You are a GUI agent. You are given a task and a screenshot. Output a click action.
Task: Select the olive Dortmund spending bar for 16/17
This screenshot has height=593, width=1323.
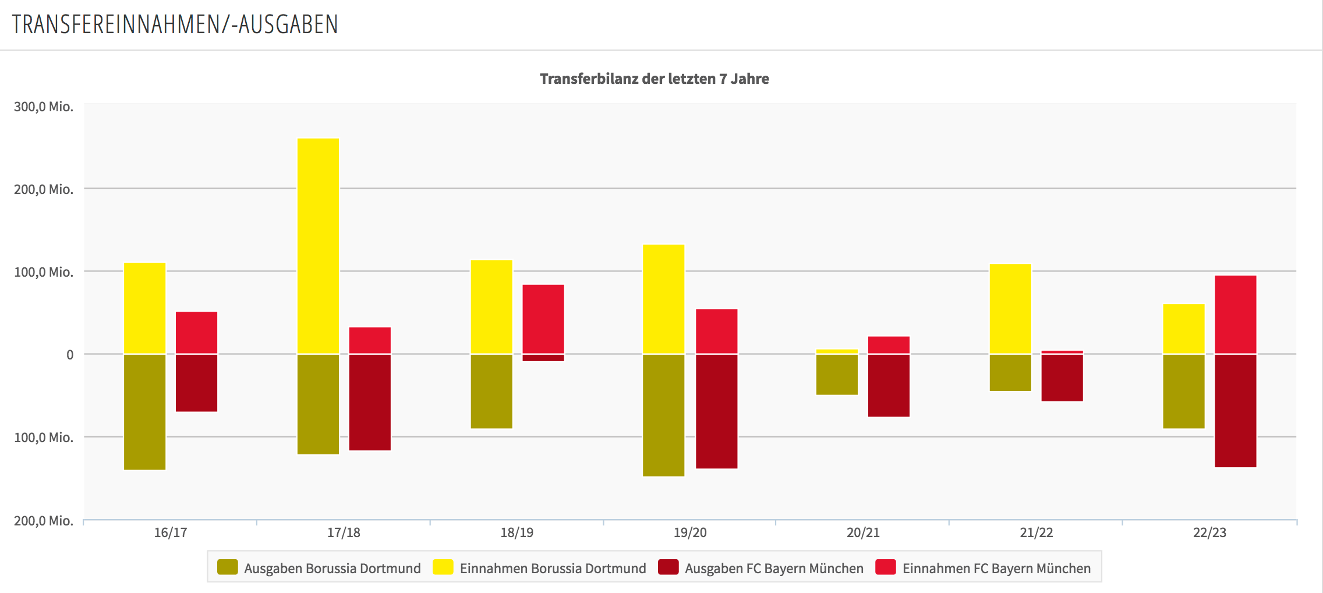tap(145, 411)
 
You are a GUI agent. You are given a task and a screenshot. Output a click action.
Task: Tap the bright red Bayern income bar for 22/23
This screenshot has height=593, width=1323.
tap(1235, 315)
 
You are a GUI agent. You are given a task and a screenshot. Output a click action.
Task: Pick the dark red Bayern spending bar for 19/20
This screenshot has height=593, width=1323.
tap(716, 411)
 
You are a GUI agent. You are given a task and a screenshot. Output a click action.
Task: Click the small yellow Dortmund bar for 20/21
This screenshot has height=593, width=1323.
tap(837, 351)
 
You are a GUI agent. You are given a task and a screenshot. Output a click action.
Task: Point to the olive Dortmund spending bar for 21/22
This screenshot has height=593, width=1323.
tap(1010, 372)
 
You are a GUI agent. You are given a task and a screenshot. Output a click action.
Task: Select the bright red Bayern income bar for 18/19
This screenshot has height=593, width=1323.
tap(543, 319)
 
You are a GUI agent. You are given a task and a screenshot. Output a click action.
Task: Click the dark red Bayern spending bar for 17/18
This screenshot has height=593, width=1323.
tap(370, 402)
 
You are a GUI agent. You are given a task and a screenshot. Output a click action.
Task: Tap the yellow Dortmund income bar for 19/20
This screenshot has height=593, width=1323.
tap(664, 299)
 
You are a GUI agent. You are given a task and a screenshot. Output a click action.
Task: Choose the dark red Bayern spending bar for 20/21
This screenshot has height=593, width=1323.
tap(889, 385)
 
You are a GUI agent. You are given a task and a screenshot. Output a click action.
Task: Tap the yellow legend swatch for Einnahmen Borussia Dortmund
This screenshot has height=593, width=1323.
tap(443, 567)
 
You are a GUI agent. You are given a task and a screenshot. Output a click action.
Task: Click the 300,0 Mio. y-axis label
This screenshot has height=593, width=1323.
tap(44, 107)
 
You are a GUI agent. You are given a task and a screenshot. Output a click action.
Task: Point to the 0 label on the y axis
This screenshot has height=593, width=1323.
tap(70, 355)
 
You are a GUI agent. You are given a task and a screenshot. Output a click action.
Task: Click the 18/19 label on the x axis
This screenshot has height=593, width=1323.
tap(517, 532)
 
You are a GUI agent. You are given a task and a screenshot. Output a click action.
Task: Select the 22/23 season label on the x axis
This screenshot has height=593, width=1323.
tap(1209, 532)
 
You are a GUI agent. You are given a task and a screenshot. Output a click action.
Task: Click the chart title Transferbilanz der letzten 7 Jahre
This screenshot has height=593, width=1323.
tap(655, 79)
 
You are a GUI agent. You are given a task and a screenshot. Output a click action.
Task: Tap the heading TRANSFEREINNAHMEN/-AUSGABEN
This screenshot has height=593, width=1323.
tap(175, 24)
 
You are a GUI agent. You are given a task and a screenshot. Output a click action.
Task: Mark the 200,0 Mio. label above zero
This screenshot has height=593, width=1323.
tap(44, 189)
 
